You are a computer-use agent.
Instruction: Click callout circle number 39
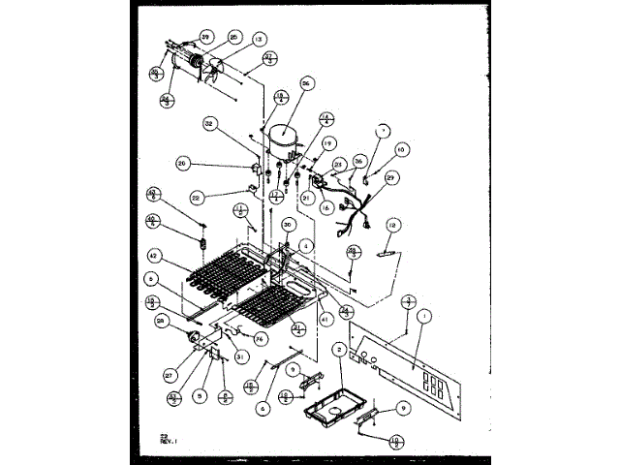205,37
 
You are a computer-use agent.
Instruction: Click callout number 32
211,123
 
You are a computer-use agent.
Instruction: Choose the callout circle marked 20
184,164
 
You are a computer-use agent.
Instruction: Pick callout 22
197,196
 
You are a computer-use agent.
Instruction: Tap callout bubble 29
391,177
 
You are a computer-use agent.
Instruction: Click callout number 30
288,225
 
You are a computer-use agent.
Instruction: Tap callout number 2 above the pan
339,348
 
